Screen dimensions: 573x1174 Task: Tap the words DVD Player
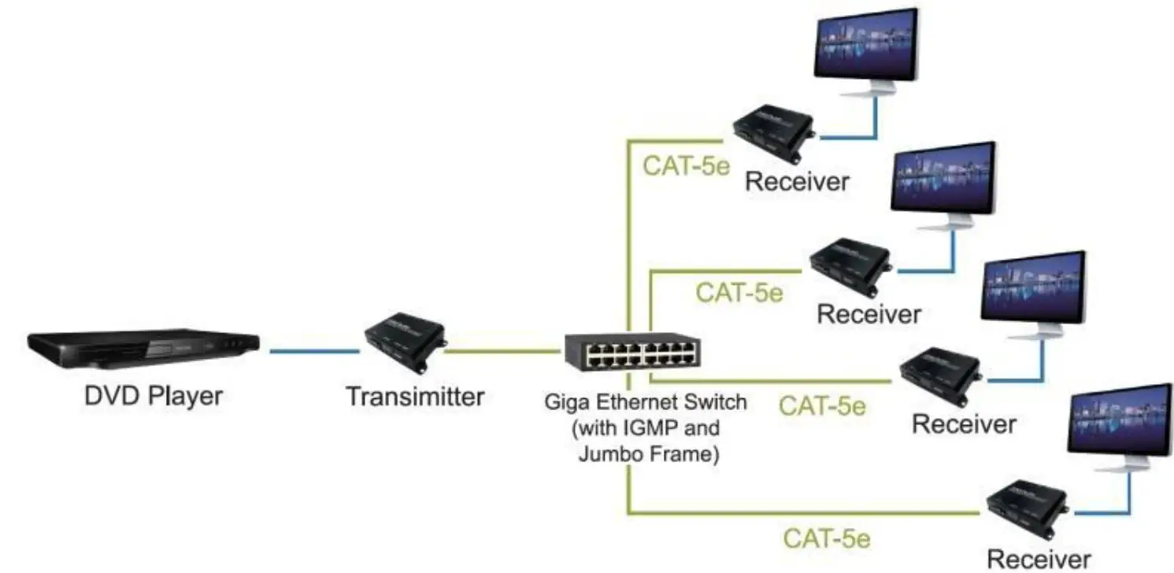click(x=154, y=395)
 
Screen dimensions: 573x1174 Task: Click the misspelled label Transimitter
click(x=415, y=396)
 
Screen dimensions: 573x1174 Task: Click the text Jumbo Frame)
click(x=648, y=454)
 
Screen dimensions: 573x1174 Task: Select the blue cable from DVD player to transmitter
click(x=314, y=351)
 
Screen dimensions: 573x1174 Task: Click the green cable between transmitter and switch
click(x=504, y=350)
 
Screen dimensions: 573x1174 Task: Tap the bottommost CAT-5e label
click(x=826, y=539)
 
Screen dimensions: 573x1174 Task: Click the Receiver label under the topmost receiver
click(x=797, y=182)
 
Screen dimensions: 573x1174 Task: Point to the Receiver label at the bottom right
click(x=1039, y=560)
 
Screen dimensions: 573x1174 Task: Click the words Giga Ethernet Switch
click(x=646, y=403)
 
